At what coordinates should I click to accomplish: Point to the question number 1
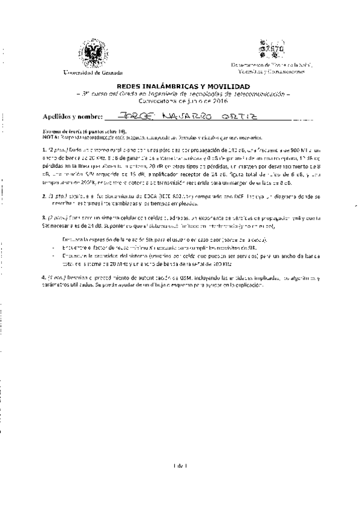44,147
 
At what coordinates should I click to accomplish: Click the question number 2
44,196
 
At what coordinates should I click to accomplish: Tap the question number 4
44,278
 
